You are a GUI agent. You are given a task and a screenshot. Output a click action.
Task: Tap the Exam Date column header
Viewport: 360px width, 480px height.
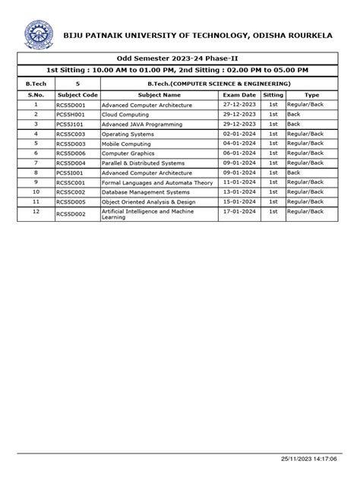(240, 94)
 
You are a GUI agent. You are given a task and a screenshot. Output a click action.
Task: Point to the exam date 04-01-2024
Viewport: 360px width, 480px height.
(240, 143)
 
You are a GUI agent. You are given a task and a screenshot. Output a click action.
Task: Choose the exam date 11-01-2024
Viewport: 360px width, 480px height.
(240, 182)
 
